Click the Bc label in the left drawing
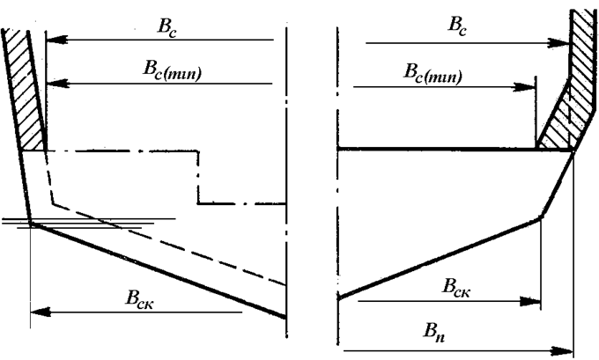pyautogui.click(x=167, y=28)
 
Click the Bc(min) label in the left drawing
pyautogui.click(x=172, y=70)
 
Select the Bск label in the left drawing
pyautogui.click(x=140, y=298)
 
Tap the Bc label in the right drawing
pyautogui.click(x=457, y=26)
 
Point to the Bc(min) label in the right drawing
pyautogui.click(x=433, y=73)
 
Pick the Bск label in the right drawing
pyautogui.click(x=456, y=287)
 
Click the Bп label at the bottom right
pyautogui.click(x=434, y=332)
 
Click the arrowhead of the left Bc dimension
pyautogui.click(x=56, y=40)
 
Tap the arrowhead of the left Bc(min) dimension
pyautogui.click(x=57, y=84)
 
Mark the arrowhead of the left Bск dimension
pyautogui.click(x=41, y=312)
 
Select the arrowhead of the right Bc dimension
pyautogui.click(x=558, y=43)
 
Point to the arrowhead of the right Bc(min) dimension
pyautogui.click(x=524, y=87)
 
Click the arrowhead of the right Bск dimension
pyautogui.click(x=530, y=302)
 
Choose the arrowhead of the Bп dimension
pyautogui.click(x=562, y=350)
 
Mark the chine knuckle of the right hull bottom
pyautogui.click(x=541, y=217)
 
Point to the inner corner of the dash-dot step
pyautogui.click(x=198, y=203)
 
